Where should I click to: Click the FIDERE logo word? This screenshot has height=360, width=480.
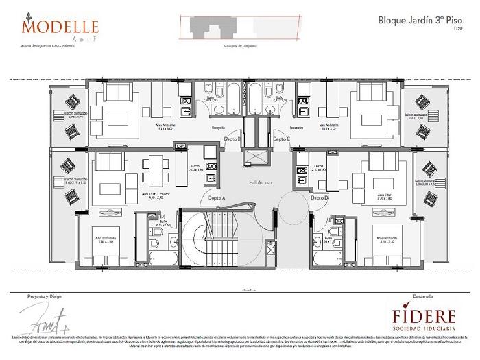point(424,317)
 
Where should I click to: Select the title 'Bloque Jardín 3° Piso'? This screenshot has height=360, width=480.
point(420,20)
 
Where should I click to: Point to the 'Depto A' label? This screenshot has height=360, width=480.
point(217,197)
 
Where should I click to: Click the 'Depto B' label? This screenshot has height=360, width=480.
point(233,139)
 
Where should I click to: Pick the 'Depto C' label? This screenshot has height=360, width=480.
point(282,139)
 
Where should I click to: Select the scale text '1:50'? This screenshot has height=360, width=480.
point(458,29)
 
